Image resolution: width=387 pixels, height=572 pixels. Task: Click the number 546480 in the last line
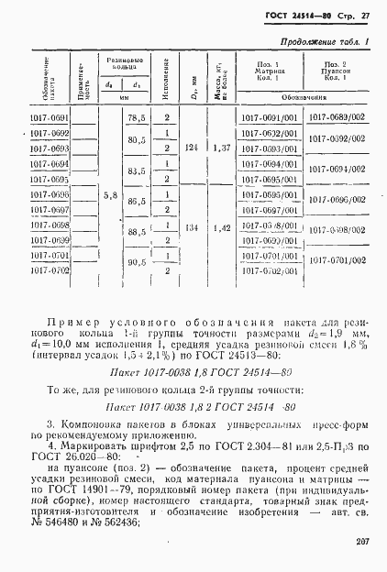72,522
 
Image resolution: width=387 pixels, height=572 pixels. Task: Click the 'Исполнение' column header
167,78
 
